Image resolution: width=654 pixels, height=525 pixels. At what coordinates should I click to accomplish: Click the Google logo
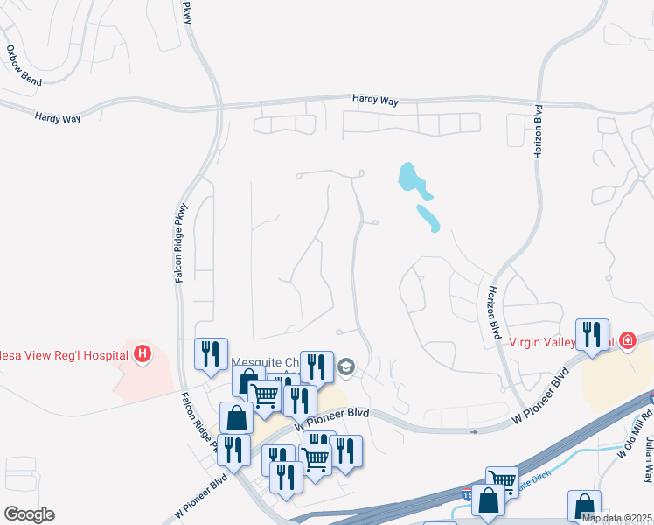(x=29, y=514)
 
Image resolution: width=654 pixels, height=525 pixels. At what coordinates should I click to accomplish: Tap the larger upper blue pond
(x=412, y=178)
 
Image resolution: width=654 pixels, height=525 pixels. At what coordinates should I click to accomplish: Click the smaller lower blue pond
(x=428, y=218)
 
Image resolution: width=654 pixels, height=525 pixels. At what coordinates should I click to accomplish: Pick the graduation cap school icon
(x=346, y=366)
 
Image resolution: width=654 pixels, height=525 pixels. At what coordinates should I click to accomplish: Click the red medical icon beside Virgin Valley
(x=626, y=341)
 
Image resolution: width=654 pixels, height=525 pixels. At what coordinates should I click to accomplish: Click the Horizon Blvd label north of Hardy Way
(x=539, y=131)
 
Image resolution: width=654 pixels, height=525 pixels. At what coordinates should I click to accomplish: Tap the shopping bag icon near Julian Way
(x=584, y=507)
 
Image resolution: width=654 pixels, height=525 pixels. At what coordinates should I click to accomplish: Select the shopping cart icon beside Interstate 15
(x=501, y=481)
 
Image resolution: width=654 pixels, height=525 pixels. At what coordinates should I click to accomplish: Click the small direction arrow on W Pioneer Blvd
(x=473, y=431)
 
